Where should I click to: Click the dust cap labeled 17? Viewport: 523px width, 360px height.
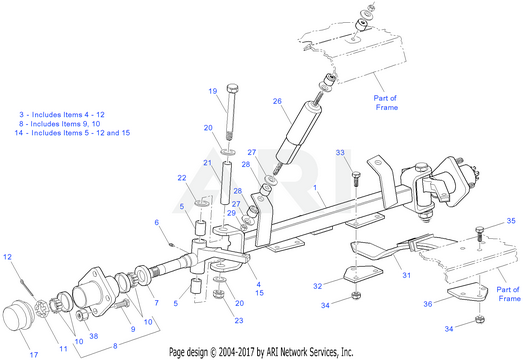pos(17,316)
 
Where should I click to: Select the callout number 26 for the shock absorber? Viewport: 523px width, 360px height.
pos(277,101)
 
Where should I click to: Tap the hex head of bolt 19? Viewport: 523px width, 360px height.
pos(232,88)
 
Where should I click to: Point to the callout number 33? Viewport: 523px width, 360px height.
pos(340,152)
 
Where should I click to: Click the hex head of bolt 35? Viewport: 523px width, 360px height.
pos(479,230)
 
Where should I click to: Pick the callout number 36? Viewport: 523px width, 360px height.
pos(428,304)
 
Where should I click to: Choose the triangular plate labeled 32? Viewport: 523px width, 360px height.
pos(363,274)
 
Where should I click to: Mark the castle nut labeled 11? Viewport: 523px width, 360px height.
pos(42,310)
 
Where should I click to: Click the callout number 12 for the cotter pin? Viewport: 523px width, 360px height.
pos(7,257)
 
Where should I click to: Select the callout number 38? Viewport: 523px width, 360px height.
pos(94,336)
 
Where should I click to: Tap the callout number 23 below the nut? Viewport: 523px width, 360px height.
pos(239,321)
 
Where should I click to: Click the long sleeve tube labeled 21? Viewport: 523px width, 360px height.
pos(226,183)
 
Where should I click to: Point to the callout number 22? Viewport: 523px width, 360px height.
pos(182,178)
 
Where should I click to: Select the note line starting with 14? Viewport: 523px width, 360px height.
pos(72,133)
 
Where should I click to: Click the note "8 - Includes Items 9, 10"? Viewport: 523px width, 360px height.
pos(59,124)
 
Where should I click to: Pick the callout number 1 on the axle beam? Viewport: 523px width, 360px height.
pos(315,188)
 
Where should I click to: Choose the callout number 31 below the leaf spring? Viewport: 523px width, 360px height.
pos(406,275)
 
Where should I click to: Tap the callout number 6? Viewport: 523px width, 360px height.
pos(157,222)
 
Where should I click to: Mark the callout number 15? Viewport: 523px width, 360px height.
pos(259,293)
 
